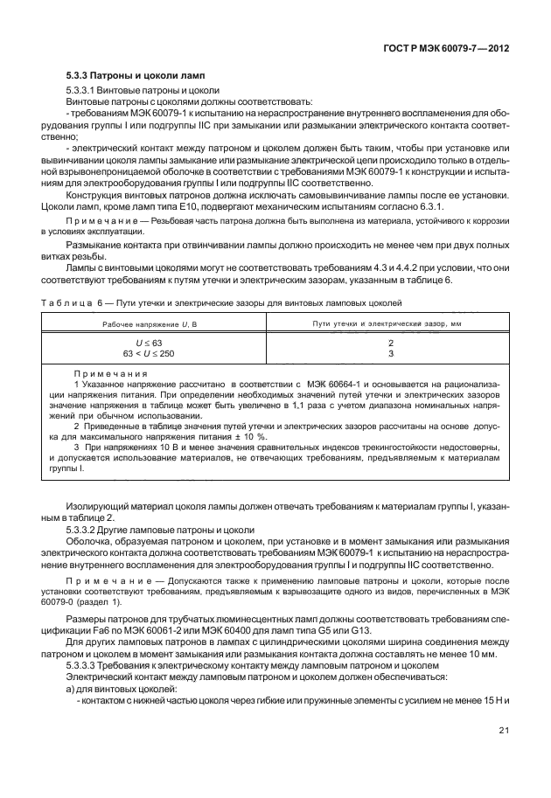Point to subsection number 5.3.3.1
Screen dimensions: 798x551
[x=84, y=91]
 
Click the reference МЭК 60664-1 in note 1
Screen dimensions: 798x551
[x=335, y=384]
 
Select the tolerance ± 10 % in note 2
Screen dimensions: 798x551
[x=252, y=436]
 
